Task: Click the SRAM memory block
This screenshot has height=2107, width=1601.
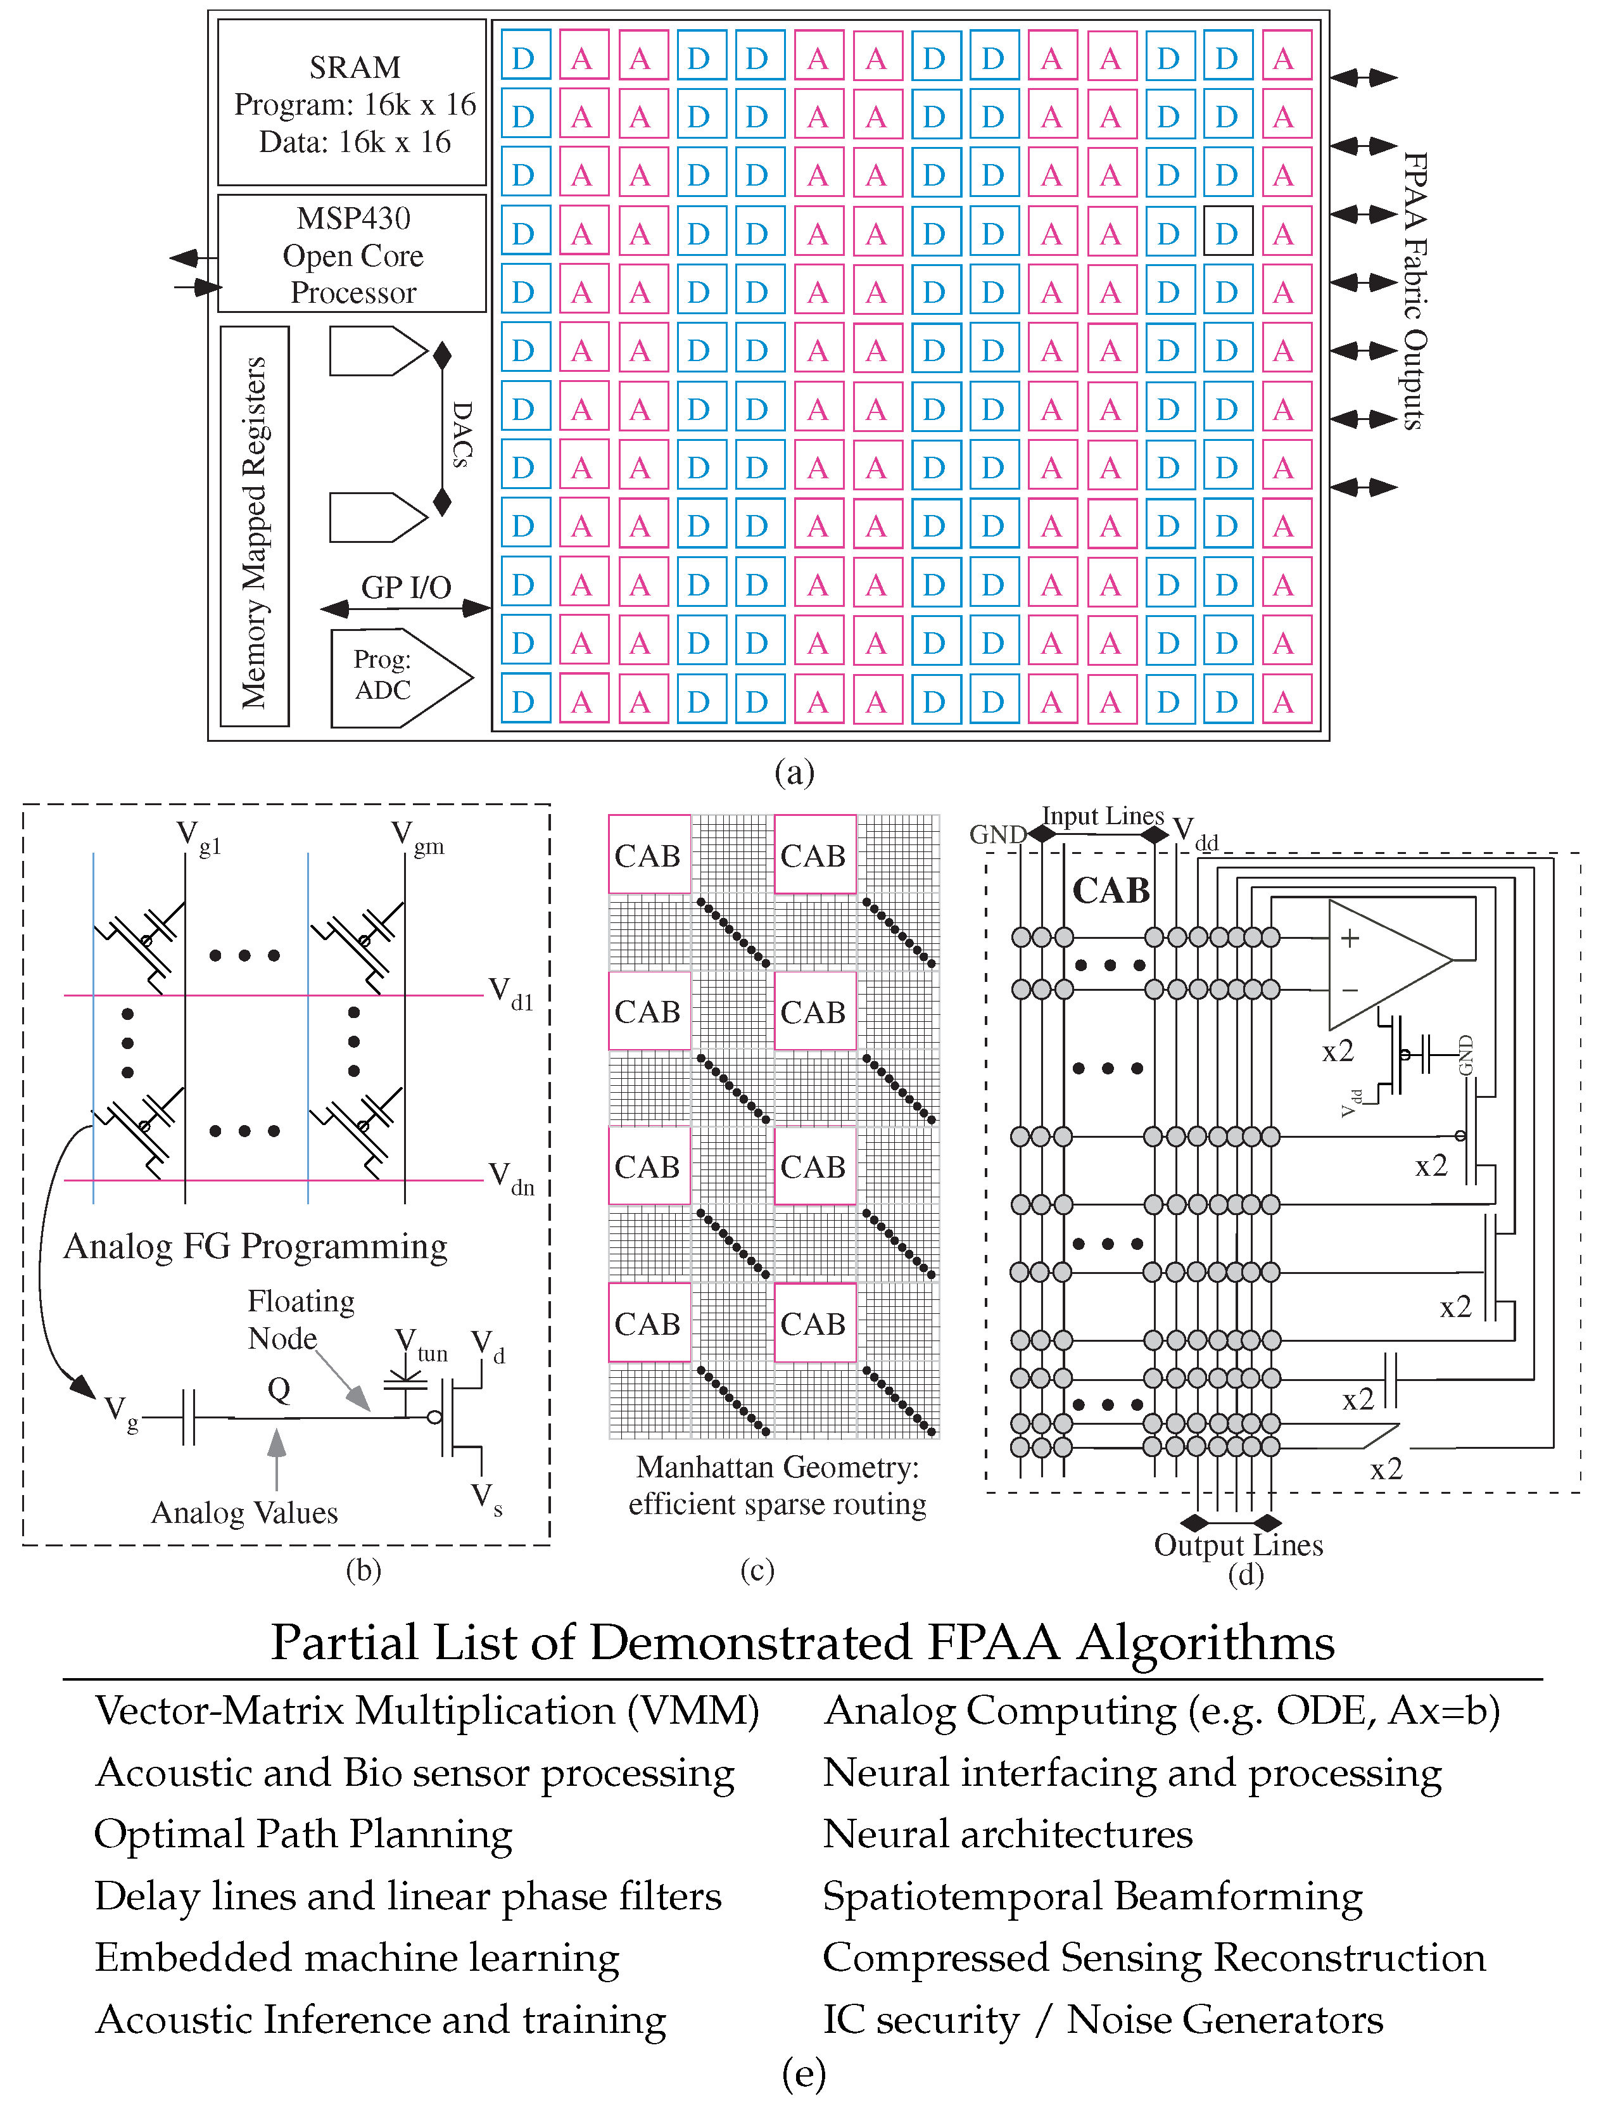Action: click(x=353, y=103)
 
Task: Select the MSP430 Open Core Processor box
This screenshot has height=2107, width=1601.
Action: click(x=353, y=255)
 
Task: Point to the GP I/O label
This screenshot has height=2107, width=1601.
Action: click(x=406, y=587)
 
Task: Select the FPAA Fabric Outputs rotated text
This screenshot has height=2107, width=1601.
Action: click(x=1415, y=291)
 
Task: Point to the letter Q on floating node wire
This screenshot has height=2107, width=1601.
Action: click(x=279, y=1389)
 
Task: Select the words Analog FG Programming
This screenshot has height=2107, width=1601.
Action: click(x=255, y=1246)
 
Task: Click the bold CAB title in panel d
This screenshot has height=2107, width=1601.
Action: click(x=1111, y=891)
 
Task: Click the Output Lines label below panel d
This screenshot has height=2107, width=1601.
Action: click(x=1238, y=1544)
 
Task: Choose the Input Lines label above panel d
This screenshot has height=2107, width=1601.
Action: click(x=1103, y=816)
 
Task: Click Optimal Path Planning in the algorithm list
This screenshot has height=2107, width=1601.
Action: click(x=303, y=1835)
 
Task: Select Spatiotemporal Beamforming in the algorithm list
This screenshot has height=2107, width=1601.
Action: click(x=1092, y=1896)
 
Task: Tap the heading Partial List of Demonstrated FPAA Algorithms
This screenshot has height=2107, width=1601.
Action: click(x=802, y=1643)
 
